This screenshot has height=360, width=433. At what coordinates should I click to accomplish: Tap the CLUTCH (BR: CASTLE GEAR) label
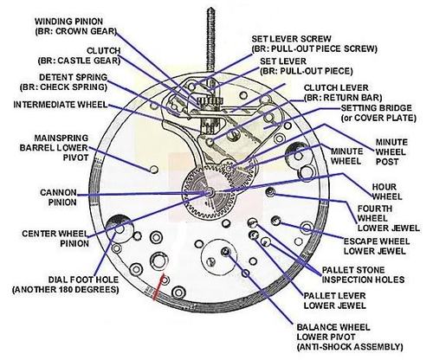tap(79, 55)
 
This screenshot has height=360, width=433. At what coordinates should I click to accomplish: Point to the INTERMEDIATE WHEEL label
tap(61, 105)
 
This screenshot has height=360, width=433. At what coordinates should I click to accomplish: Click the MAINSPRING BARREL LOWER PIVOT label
tap(54, 147)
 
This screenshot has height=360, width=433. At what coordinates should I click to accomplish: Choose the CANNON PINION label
tap(59, 197)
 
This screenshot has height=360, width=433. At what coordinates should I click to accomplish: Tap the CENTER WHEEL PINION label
tap(55, 238)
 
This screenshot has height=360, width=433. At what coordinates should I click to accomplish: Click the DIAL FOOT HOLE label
tap(66, 285)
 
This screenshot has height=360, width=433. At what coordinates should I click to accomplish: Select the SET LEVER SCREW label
tap(314, 43)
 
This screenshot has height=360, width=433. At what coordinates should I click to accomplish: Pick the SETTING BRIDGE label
tap(378, 112)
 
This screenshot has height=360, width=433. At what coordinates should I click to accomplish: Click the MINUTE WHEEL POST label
tap(391, 151)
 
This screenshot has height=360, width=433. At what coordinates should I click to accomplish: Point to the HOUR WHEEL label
tap(387, 192)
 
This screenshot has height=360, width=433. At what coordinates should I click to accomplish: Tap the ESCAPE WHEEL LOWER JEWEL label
tap(377, 246)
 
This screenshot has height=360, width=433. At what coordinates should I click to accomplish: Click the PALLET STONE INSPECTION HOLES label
tap(363, 275)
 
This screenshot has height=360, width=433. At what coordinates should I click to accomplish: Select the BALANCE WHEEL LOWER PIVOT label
tap(350, 337)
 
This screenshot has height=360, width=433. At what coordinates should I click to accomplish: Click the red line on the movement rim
tap(159, 287)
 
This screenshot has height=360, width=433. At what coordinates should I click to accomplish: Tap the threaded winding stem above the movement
tap(211, 41)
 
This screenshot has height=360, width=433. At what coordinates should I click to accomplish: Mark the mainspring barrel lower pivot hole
tap(154, 169)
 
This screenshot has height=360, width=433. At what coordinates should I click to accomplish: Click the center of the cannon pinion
tap(210, 192)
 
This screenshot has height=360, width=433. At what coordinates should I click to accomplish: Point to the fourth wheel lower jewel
tap(270, 191)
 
